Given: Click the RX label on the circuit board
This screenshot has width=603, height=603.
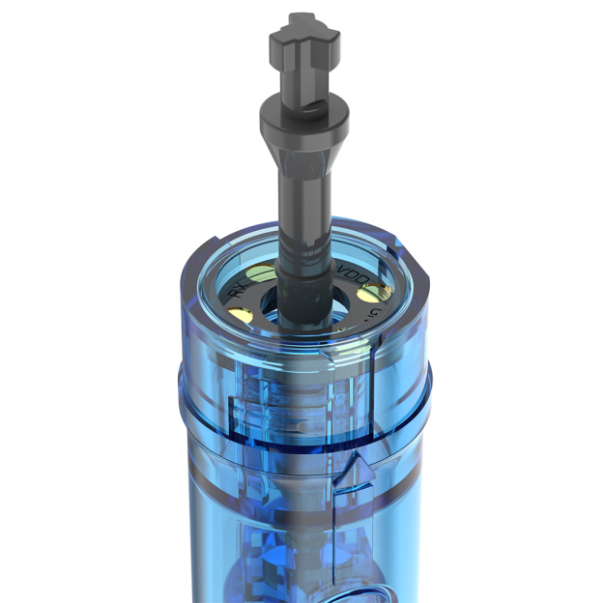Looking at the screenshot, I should (x=234, y=288).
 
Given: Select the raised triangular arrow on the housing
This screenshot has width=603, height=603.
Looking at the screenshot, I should (x=355, y=471).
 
